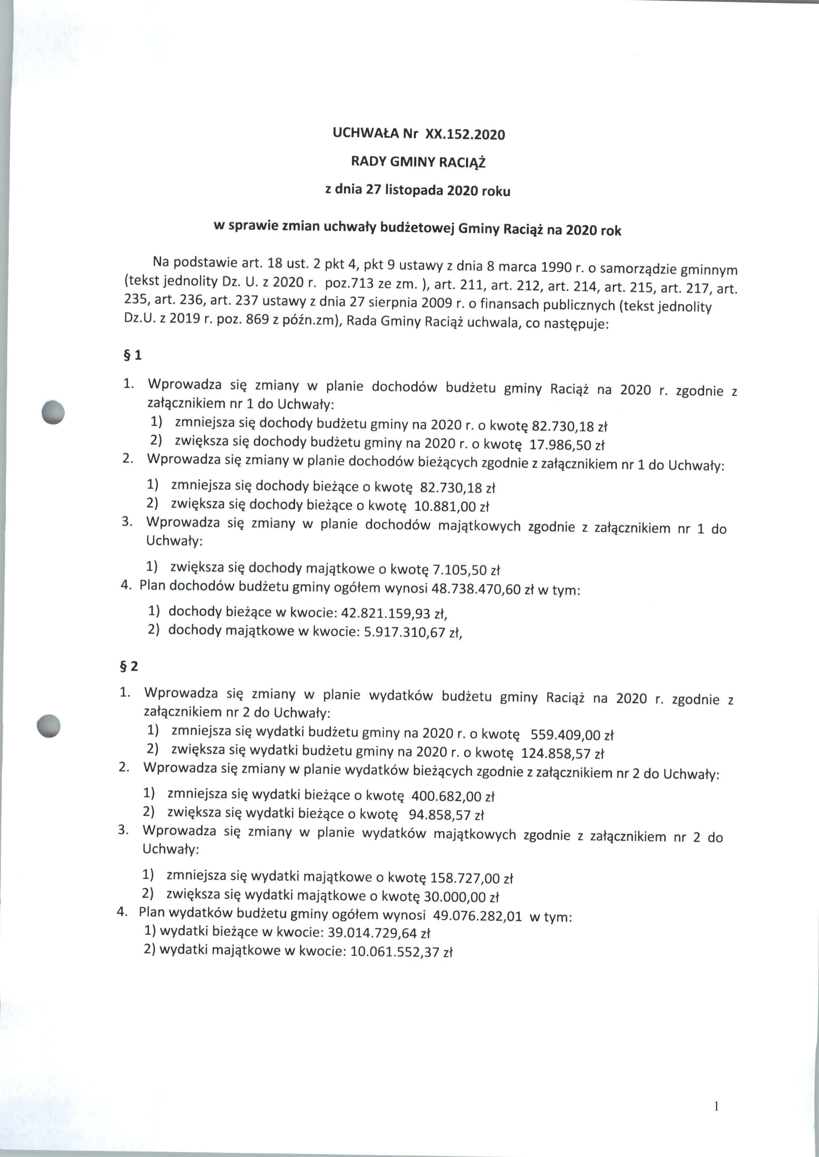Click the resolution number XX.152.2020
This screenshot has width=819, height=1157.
coord(465,135)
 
